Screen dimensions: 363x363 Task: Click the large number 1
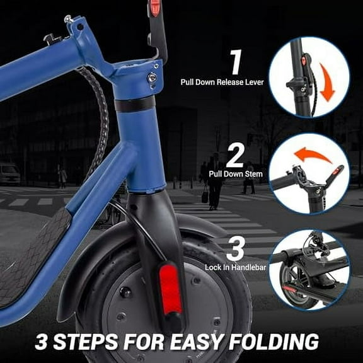tap(236, 63)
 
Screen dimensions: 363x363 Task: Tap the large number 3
tap(236, 250)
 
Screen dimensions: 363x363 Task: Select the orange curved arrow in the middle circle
tap(313, 154)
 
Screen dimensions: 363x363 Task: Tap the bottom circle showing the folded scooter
tap(309, 270)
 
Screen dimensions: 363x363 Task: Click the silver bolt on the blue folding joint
tap(152, 78)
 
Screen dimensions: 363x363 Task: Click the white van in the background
tap(9, 173)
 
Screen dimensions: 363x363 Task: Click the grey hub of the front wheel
tap(126, 315)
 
